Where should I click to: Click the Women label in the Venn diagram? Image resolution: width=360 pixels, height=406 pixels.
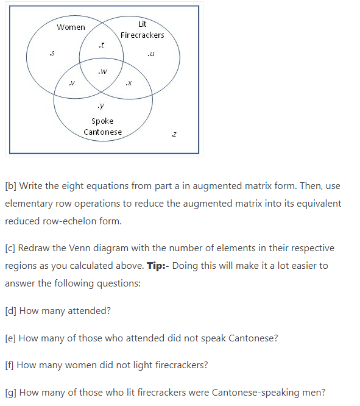(71, 27)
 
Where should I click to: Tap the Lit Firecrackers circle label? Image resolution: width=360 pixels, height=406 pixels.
(142, 30)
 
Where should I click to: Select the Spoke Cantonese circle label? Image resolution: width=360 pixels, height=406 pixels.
(102, 126)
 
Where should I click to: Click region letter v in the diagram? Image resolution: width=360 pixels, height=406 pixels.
(72, 82)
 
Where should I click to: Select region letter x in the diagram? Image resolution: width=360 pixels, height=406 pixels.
(128, 82)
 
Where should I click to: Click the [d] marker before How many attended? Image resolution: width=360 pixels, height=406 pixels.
(11, 311)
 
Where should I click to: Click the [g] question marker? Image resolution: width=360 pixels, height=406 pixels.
(11, 393)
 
